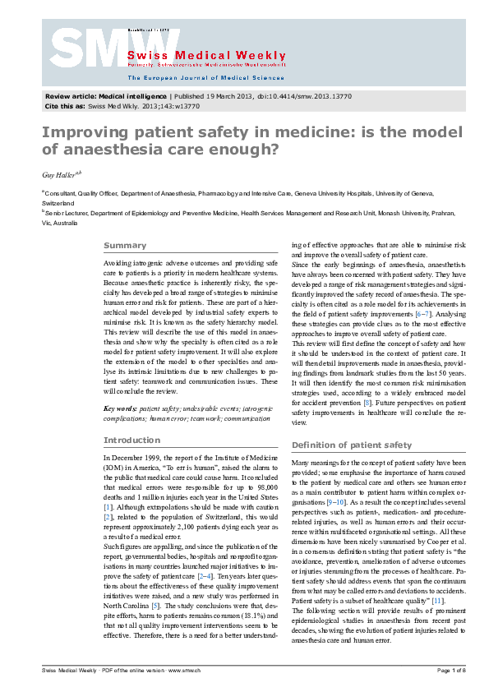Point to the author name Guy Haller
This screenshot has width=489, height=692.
pyautogui.click(x=59, y=174)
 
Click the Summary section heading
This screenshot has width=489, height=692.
pyautogui.click(x=124, y=246)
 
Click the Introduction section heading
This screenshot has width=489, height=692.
pyautogui.click(x=131, y=440)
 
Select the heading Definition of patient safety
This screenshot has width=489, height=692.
pyautogui.click(x=352, y=445)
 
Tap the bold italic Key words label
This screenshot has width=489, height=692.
pyautogui.click(x=119, y=408)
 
